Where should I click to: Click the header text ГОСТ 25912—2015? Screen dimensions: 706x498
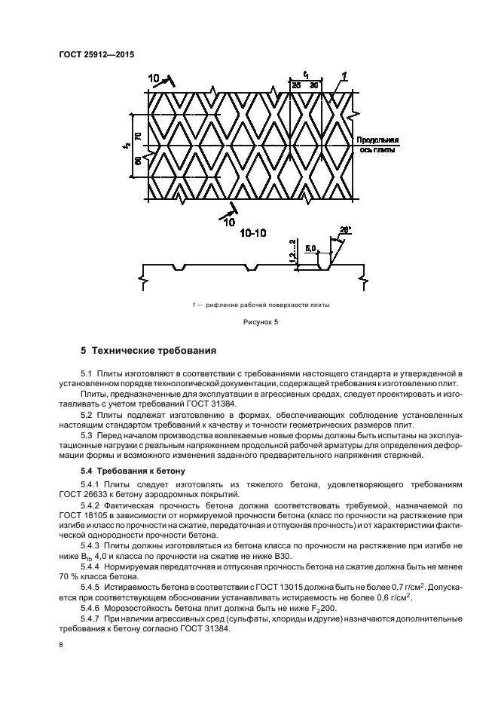[91, 55]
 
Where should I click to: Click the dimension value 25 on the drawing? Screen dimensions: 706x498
[296, 86]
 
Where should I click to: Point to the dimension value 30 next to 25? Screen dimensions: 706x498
[313, 86]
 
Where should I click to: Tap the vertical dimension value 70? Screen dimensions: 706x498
[138, 136]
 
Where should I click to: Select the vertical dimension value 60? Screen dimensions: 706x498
[138, 161]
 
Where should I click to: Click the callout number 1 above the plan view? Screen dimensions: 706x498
[344, 75]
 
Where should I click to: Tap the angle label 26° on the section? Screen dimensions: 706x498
[346, 229]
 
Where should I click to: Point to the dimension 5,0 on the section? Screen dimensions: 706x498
[310, 247]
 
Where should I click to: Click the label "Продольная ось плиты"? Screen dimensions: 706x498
[377, 145]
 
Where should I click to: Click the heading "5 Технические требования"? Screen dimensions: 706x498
[148, 351]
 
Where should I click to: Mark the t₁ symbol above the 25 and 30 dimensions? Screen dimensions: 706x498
[306, 75]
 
